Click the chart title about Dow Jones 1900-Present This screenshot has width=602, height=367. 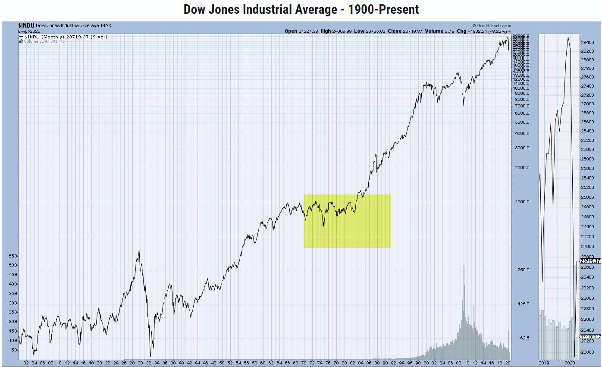(x=301, y=9)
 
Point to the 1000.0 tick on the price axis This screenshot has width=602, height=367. (x=521, y=202)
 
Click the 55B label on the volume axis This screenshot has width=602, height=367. (x=12, y=256)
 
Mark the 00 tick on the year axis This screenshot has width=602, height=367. (x=426, y=363)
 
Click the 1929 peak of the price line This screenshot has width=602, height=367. (x=139, y=250)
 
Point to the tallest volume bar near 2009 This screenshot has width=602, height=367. (x=464, y=265)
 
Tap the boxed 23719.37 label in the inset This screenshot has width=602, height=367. (x=590, y=261)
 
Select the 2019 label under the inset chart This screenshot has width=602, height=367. (x=544, y=363)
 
